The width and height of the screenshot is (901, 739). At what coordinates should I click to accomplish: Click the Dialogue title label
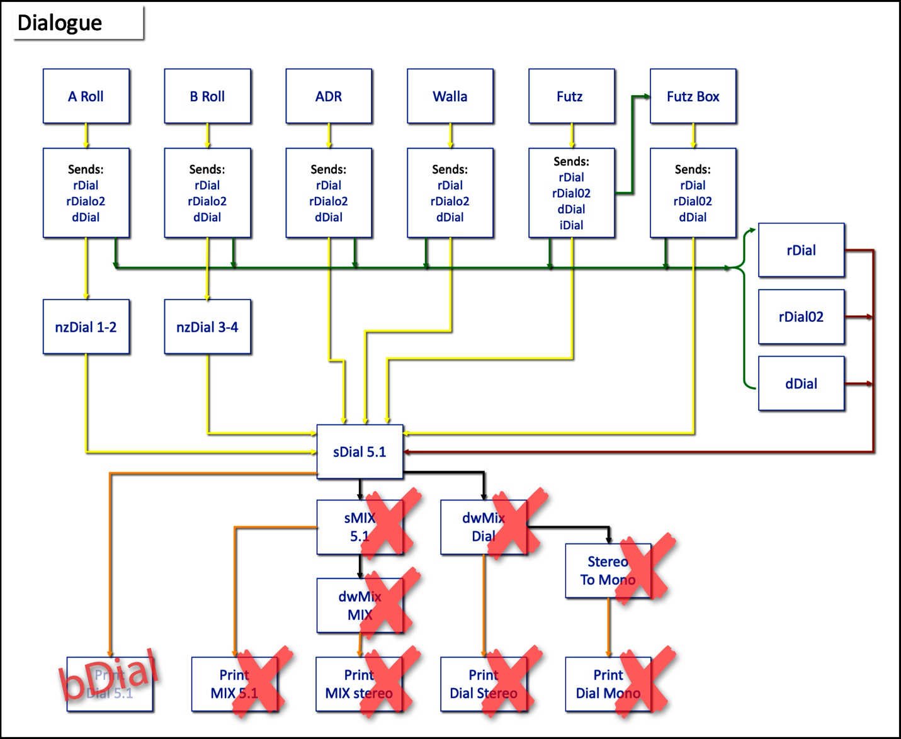tap(60, 23)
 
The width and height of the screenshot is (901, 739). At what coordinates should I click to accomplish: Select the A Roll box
tap(86, 96)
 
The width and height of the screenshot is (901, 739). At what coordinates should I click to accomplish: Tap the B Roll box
tap(208, 96)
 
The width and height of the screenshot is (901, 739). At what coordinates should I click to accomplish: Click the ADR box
tap(329, 96)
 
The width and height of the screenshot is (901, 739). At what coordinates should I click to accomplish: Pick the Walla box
tap(450, 96)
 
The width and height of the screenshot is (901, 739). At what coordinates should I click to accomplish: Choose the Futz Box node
tap(693, 96)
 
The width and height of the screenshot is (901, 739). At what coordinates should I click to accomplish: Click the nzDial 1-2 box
tap(86, 327)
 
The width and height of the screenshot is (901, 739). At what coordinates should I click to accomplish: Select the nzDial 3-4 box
tap(208, 327)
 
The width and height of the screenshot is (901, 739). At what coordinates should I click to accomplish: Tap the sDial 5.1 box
tap(360, 451)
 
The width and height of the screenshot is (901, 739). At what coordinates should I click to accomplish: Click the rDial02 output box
tap(801, 317)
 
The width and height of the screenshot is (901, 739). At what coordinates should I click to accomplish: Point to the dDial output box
tap(801, 383)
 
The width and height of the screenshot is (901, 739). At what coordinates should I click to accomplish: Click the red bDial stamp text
tap(108, 675)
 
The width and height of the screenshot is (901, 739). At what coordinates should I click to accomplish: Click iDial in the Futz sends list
tap(571, 225)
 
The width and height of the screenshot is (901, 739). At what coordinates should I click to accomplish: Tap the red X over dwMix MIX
tap(390, 601)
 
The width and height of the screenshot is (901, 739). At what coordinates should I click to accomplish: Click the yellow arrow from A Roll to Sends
tap(86, 136)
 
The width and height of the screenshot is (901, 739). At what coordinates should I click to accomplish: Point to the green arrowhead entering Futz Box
tap(646, 96)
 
